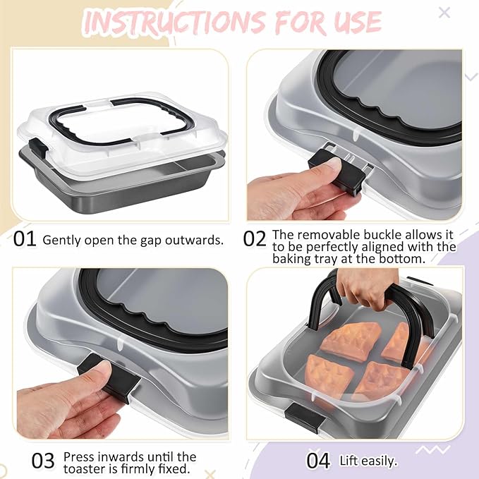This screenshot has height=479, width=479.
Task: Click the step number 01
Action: (25, 238)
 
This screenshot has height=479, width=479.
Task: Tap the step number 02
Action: (255, 238)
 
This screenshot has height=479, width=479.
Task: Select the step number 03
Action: (43, 461)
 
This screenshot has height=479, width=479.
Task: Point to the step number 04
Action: (318, 461)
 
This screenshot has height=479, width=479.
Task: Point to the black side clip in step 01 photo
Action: (39, 146)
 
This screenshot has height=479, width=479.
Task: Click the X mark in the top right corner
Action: (444, 13)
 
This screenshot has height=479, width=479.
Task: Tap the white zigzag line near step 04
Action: (432, 449)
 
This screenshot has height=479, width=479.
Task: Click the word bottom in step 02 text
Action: (402, 259)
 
